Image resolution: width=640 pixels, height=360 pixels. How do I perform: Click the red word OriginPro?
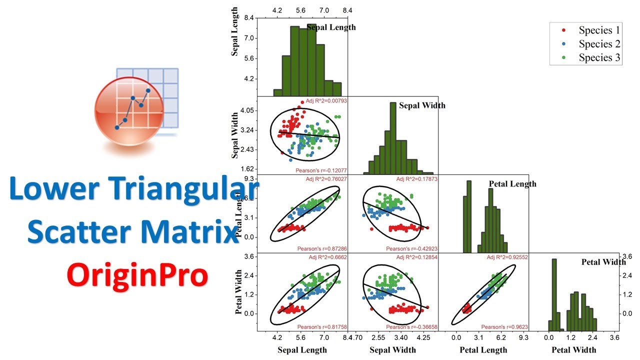click(137, 274)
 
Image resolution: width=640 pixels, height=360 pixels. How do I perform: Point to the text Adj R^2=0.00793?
click(326, 100)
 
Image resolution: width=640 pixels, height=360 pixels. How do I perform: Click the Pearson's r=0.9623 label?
click(504, 327)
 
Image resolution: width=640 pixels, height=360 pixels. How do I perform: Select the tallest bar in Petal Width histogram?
click(553, 295)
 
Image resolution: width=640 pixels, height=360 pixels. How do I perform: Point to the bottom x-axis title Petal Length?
click(483, 349)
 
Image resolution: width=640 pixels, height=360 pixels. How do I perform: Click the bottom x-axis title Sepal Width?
click(393, 349)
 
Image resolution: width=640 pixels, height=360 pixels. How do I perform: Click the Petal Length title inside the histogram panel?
click(512, 184)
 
